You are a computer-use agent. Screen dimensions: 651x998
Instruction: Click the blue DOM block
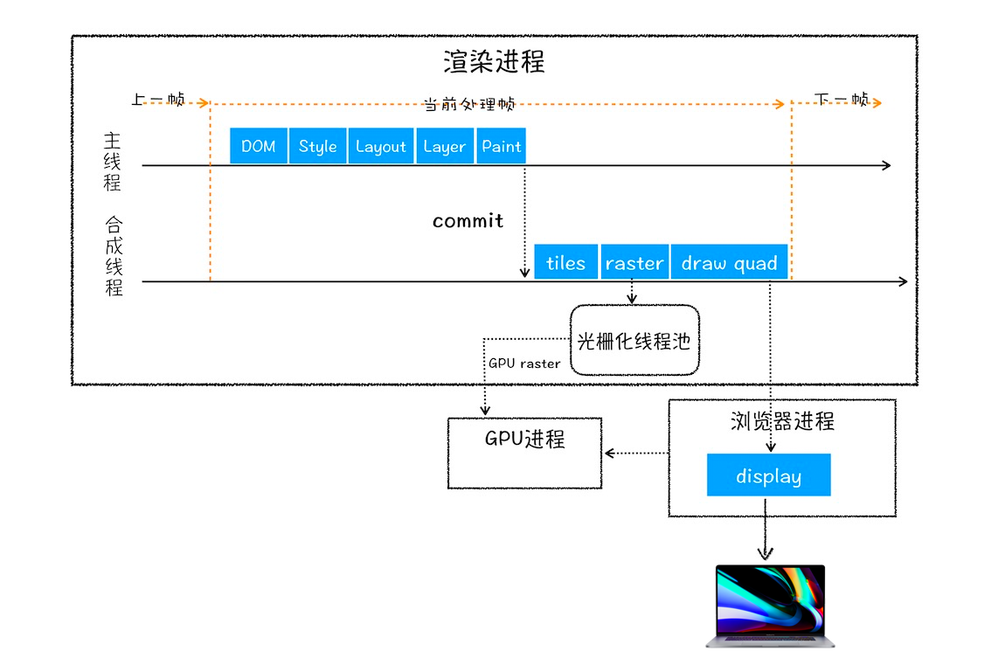[259, 146]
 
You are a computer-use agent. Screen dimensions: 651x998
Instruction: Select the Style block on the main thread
[318, 146]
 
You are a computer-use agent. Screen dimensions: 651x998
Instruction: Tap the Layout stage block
[381, 146]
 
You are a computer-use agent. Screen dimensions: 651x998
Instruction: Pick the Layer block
[444, 146]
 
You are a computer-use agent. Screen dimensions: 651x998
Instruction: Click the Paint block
[502, 146]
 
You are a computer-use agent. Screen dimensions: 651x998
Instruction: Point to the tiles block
[565, 262]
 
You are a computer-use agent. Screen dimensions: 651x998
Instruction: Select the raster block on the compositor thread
[634, 262]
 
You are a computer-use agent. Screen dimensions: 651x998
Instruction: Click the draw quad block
[729, 262]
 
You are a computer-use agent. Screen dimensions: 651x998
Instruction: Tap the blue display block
[768, 475]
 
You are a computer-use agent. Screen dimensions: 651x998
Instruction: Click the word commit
[468, 221]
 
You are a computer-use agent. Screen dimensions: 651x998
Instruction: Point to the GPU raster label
[524, 364]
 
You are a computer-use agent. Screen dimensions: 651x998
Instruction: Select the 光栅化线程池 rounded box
[634, 340]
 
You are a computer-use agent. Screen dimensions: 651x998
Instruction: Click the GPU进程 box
[524, 451]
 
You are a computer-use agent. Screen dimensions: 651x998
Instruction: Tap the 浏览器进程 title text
[782, 421]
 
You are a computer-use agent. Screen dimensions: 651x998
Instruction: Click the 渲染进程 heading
[494, 62]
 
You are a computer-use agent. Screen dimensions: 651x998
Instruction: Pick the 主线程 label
[113, 162]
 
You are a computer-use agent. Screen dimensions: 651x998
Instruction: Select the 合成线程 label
[114, 256]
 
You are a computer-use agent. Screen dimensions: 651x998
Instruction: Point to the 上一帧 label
[158, 100]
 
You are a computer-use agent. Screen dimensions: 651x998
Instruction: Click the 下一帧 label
[842, 99]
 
